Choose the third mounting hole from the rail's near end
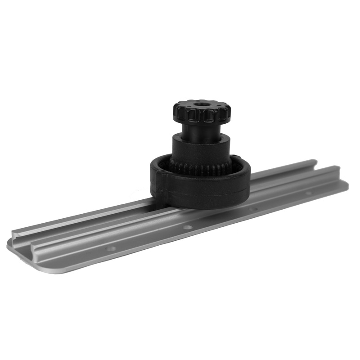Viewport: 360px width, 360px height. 253,209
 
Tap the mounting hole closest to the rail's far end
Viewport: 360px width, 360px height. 309,193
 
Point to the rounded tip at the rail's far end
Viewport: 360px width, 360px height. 346,184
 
